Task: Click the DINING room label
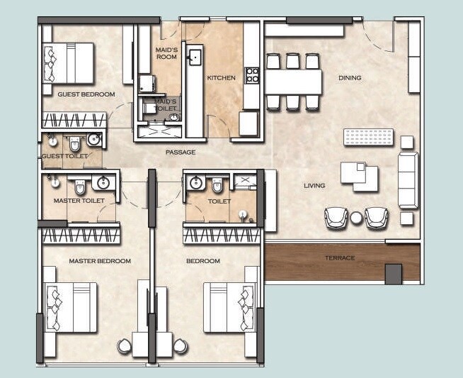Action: tap(349, 78)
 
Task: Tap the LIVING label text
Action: tap(314, 186)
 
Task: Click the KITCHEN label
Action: tap(221, 78)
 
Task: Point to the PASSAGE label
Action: tap(181, 152)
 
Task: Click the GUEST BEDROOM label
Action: tap(87, 94)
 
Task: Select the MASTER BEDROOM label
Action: tap(100, 261)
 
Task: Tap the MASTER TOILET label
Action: tap(79, 201)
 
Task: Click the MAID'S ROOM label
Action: tap(166, 53)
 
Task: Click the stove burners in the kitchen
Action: tap(251, 74)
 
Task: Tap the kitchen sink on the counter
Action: tap(194, 56)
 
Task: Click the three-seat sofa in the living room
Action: tap(408, 180)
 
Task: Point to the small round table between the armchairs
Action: tap(356, 218)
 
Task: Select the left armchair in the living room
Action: tap(336, 216)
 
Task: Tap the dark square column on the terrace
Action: tap(393, 274)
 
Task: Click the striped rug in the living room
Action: tap(368, 136)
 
